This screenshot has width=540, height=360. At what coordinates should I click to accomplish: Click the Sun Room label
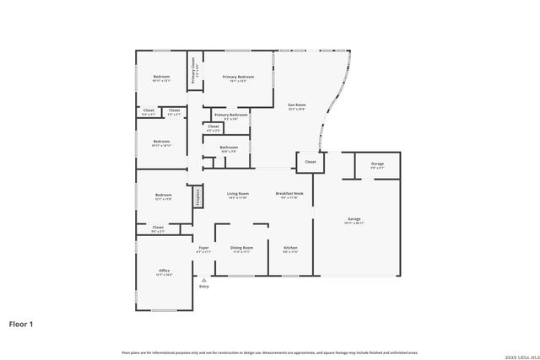(x=297, y=105)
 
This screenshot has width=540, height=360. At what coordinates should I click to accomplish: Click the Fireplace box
(x=198, y=196)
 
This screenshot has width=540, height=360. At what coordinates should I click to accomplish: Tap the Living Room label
(x=238, y=194)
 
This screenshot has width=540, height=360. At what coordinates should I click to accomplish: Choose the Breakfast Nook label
(x=290, y=194)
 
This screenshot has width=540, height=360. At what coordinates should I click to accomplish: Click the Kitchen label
(x=290, y=248)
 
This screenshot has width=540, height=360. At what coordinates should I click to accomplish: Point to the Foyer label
(x=203, y=248)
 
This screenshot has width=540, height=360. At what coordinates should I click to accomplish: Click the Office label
(x=164, y=271)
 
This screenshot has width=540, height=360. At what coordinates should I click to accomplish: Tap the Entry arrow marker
(x=203, y=279)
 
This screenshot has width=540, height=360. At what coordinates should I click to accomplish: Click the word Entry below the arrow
(x=203, y=287)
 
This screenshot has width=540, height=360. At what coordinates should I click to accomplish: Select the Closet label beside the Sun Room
(x=310, y=161)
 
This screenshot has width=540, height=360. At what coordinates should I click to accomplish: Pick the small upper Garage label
(x=377, y=164)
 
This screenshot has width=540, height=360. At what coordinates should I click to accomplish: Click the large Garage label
(x=354, y=219)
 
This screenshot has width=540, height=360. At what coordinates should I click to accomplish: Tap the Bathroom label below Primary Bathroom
(x=229, y=148)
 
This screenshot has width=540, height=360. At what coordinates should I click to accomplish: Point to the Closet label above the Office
(x=158, y=227)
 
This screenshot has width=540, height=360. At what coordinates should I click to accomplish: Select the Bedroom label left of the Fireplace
(x=164, y=194)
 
